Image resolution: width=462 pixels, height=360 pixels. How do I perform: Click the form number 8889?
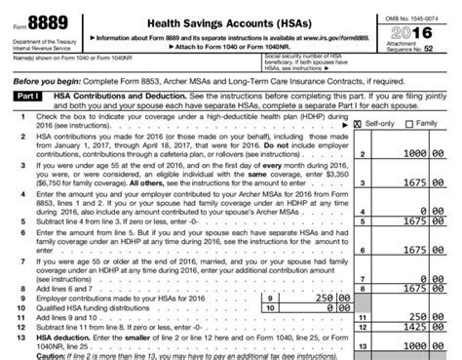(x=42, y=22)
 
